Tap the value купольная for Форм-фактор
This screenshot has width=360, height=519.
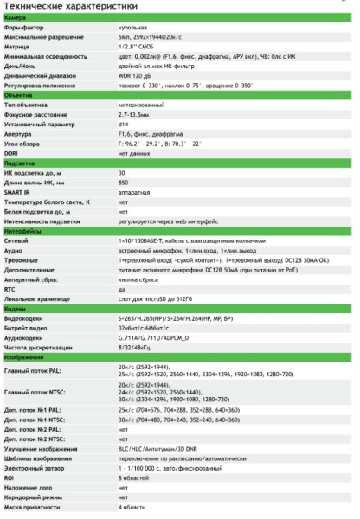pyautogui.click(x=132, y=28)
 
